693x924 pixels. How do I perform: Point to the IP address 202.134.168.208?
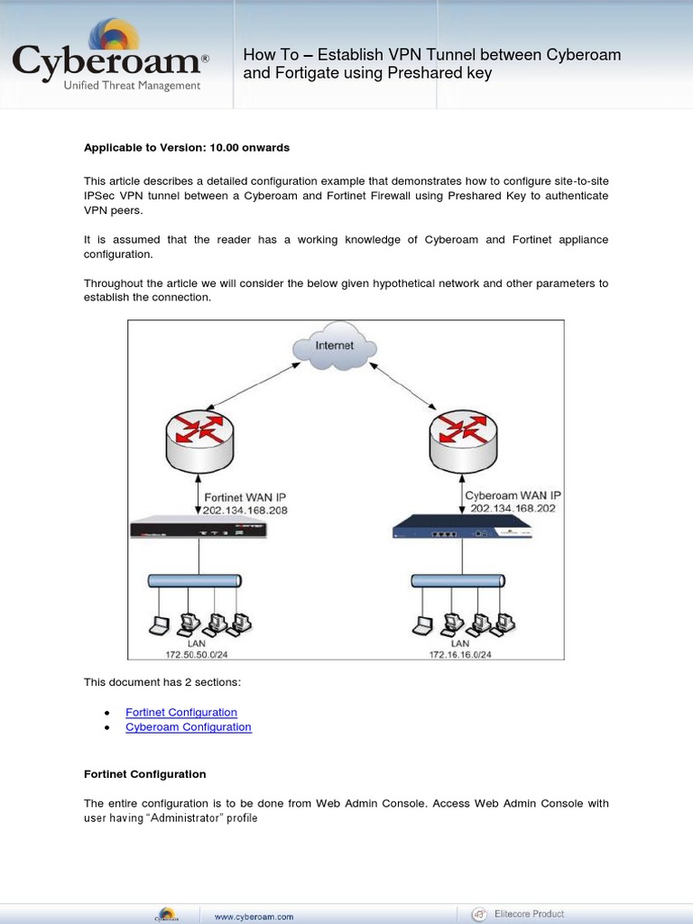[x=245, y=510]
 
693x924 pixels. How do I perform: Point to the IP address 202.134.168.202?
[x=513, y=508]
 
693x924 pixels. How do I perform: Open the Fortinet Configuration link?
[x=181, y=713]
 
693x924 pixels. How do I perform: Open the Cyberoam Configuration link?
[x=189, y=727]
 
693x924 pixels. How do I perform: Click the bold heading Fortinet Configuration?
[x=145, y=774]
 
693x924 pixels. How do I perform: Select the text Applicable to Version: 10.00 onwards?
[x=187, y=147]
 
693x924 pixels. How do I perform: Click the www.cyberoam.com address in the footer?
[x=254, y=916]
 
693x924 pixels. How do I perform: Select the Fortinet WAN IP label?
[x=245, y=497]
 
